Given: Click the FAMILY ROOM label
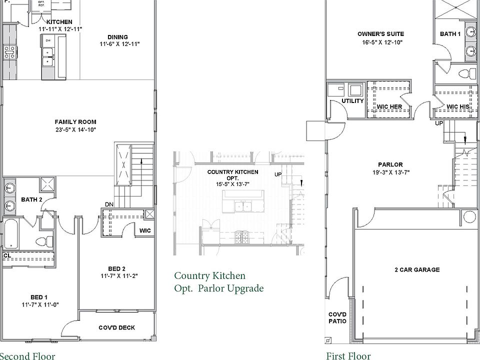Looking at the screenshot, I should click(75, 121).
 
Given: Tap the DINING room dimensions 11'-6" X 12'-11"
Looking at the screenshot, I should click(119, 44).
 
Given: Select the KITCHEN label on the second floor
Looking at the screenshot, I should click(59, 22).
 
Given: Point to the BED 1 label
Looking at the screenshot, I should click(38, 297).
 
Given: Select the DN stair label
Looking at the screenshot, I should click(109, 204).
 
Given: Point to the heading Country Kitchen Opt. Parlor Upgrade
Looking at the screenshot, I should click(218, 282).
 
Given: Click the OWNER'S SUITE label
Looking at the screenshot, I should click(380, 34).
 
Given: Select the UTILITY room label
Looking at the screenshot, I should click(352, 101).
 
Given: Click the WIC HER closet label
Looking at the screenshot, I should click(389, 106).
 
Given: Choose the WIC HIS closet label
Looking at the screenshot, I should click(457, 106).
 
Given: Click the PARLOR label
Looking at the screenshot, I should click(390, 164).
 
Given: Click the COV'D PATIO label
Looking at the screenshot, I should click(336, 317).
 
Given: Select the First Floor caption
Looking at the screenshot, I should click(348, 355).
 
